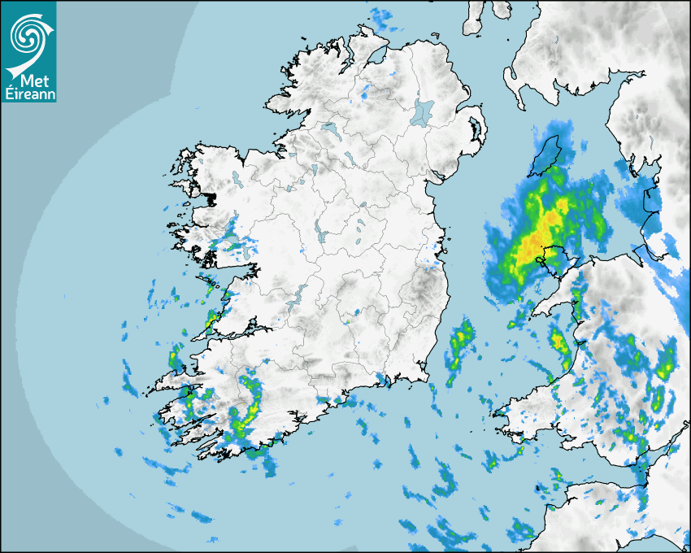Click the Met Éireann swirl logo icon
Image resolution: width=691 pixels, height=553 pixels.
(28, 34)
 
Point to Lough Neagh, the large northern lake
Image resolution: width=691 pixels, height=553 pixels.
(423, 111)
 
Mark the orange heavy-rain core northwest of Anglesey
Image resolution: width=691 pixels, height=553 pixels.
(535, 244)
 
